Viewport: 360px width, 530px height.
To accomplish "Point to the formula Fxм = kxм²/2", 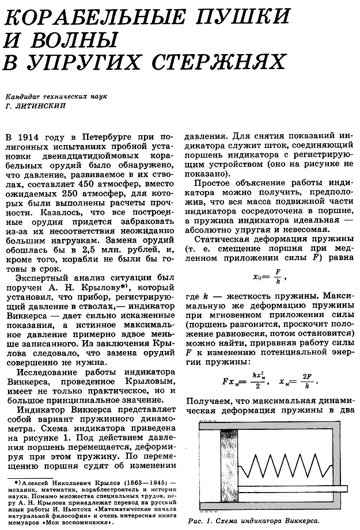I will (242, 380).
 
